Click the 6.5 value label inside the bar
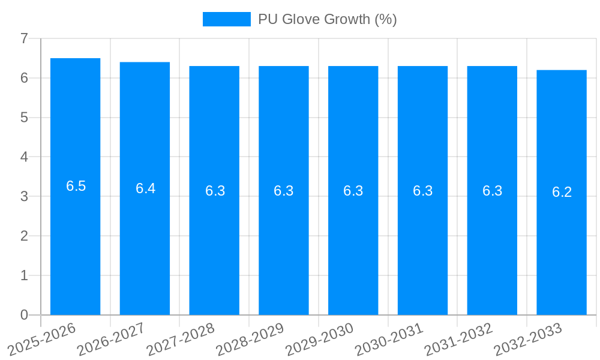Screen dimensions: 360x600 [x=76, y=186]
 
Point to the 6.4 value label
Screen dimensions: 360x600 [x=145, y=188]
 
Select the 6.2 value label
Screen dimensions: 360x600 [x=562, y=192]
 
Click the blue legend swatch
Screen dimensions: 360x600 [x=226, y=19]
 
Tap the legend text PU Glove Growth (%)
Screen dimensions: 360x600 [x=328, y=19]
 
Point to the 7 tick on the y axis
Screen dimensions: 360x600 [x=24, y=38]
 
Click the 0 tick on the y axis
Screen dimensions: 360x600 [x=24, y=315]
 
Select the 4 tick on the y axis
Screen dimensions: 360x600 [x=24, y=157]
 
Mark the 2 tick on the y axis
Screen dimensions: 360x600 [x=24, y=236]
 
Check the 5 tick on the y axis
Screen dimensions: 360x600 [x=24, y=118]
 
